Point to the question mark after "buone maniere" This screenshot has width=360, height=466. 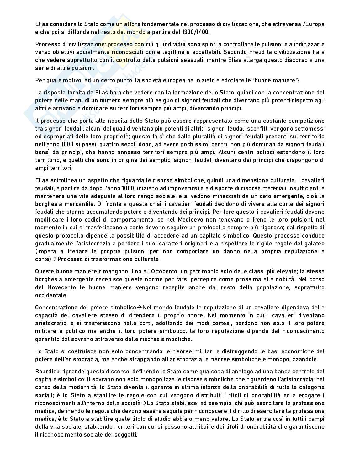298,80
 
